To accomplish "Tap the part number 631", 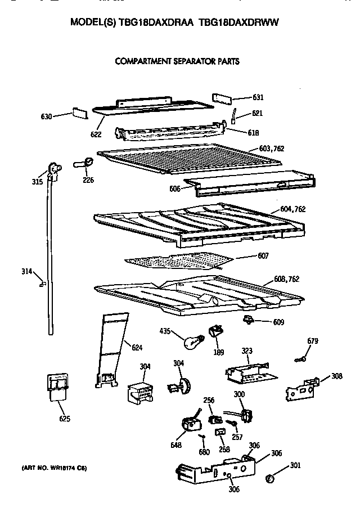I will [258, 97].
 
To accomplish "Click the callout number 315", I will [36, 181].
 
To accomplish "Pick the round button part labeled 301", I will [269, 478].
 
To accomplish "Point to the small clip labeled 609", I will [248, 320].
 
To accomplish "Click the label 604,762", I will [292, 209].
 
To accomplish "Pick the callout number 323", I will [246, 351].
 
